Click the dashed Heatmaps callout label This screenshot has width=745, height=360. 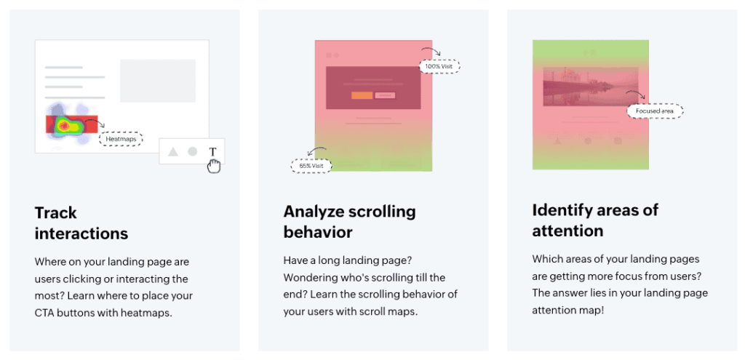click(x=121, y=139)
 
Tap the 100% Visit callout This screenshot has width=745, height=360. click(x=439, y=66)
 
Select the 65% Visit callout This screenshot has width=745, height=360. click(x=311, y=166)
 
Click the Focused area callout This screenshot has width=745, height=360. click(x=655, y=111)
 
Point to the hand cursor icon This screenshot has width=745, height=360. click(x=215, y=167)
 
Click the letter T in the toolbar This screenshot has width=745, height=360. click(x=213, y=151)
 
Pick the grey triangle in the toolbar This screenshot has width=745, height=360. click(x=173, y=151)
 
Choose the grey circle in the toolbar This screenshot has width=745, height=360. click(x=192, y=151)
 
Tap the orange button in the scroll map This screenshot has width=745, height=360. click(x=362, y=95)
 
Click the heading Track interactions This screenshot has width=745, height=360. click(x=81, y=223)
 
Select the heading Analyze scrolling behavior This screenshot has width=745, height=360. click(x=350, y=221)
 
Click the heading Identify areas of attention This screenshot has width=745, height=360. click(x=595, y=220)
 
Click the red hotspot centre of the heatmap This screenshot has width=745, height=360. click(x=64, y=126)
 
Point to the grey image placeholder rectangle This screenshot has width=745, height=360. click(x=158, y=81)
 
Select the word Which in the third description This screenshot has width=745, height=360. click(x=545, y=260)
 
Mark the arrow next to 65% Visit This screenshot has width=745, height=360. click(x=316, y=151)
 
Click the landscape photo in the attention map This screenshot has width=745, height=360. click(x=590, y=87)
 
